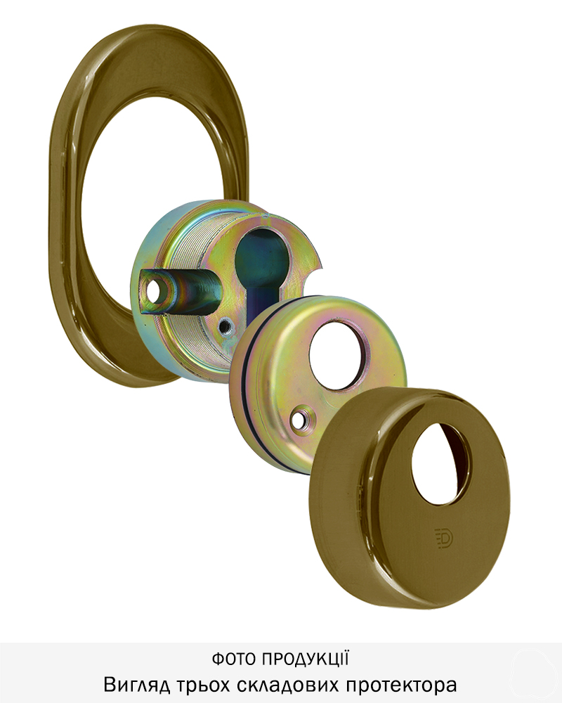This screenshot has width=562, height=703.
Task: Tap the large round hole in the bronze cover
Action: click(440, 463)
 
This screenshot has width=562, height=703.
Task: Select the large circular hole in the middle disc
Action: click(340, 349)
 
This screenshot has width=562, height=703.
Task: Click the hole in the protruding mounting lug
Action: click(157, 290)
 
